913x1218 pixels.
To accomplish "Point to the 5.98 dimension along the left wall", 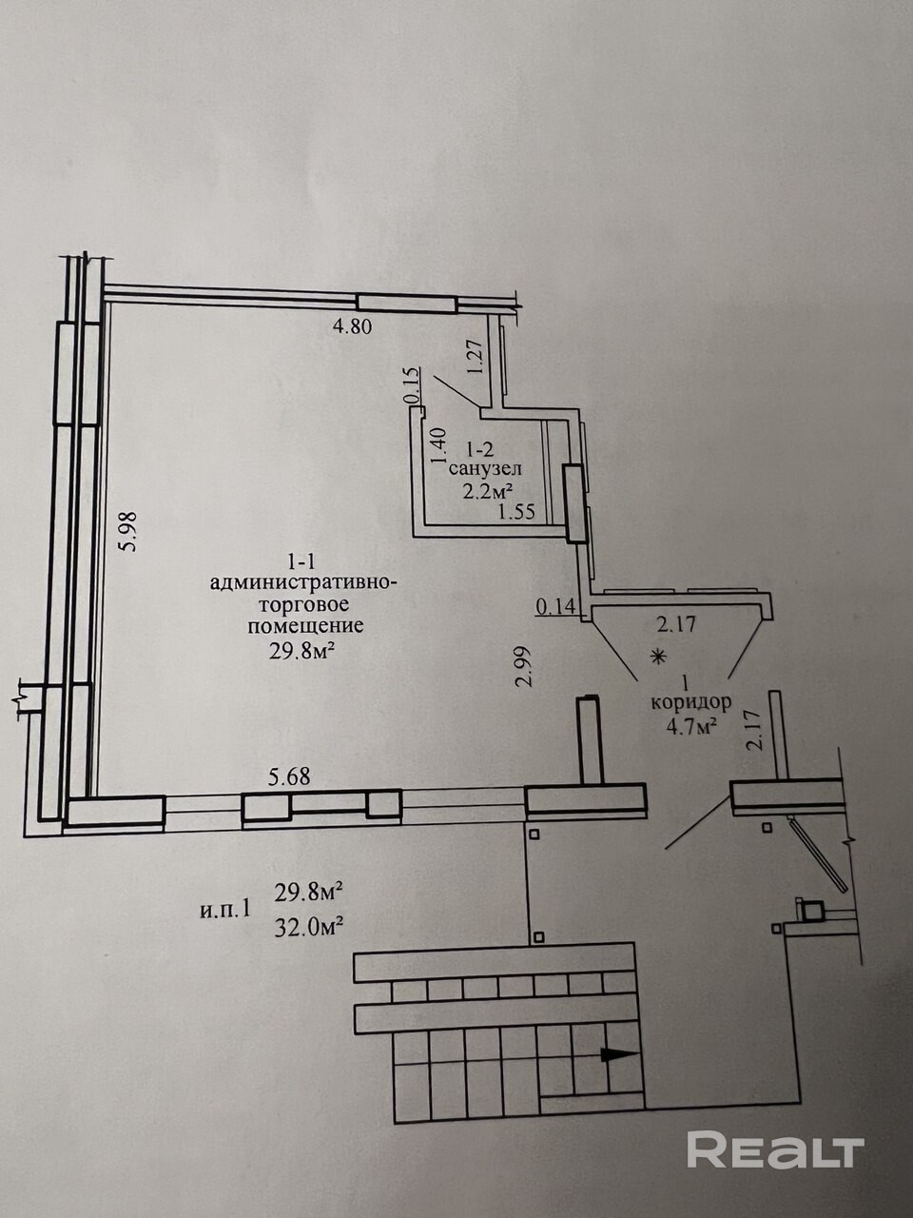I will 130,532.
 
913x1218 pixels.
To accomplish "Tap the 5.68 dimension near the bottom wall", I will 289,777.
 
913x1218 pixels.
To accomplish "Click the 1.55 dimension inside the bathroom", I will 517,512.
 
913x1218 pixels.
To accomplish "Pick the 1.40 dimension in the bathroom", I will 437,446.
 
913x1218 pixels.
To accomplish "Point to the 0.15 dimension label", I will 412,385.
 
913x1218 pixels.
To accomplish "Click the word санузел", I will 484,469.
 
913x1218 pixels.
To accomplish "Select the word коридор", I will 690,703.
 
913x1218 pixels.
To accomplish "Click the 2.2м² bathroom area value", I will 487,491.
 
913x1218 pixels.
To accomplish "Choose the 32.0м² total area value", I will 308,925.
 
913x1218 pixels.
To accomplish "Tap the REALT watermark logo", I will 775,1150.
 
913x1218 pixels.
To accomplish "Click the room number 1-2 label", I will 481,447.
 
